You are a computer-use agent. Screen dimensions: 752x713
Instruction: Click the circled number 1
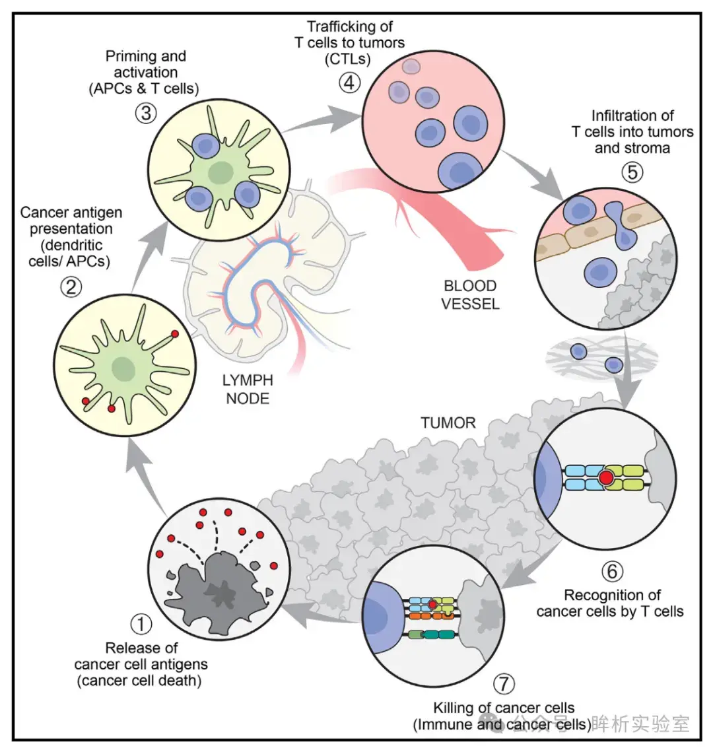[141, 624]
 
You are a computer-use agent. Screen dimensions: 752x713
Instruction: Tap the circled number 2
[71, 287]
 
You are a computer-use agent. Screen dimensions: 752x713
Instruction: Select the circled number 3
[147, 113]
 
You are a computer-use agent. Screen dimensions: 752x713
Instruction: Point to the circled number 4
[350, 83]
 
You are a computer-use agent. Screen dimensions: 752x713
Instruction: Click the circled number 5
[632, 172]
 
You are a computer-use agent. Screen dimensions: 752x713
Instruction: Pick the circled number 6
[612, 571]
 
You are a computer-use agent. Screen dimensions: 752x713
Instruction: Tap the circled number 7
[504, 684]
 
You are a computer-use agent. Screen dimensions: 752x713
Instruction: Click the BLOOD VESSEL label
[470, 294]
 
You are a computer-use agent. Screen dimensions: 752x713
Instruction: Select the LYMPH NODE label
[248, 390]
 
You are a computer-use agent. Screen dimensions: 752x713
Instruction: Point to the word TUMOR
[448, 423]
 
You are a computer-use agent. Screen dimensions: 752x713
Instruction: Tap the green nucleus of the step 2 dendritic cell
[123, 368]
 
